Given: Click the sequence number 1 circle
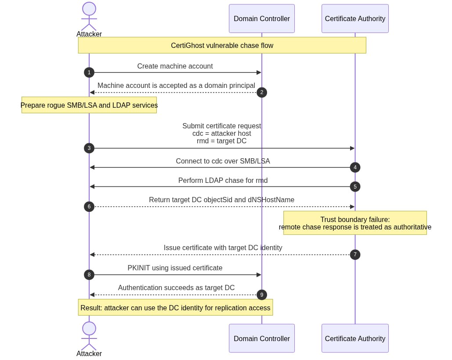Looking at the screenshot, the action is [x=89, y=73].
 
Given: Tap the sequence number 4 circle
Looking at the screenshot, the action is [x=355, y=167].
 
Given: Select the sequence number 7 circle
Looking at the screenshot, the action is [x=355, y=255].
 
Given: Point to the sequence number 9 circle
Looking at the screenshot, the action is [x=262, y=295].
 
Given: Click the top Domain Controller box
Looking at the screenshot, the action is [x=262, y=18].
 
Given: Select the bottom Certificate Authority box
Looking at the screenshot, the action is [x=355, y=338].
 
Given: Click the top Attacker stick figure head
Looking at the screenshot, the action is [x=89, y=9].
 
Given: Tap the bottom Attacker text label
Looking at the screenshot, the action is [x=89, y=354].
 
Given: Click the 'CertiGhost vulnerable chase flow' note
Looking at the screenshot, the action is [x=222, y=45].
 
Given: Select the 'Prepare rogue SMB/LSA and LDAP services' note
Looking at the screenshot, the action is [x=89, y=105].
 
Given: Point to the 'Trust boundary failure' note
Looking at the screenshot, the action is [x=355, y=223].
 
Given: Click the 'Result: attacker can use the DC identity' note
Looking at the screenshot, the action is [x=175, y=308].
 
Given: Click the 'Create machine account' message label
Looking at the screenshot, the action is [x=175, y=66].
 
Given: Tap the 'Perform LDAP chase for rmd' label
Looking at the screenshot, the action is [x=223, y=181].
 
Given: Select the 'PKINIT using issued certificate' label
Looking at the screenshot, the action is [x=175, y=268].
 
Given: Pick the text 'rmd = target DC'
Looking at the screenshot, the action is [x=222, y=141].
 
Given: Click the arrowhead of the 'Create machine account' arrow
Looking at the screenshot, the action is [x=259, y=73].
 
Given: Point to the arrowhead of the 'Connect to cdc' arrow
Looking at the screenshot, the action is [x=92, y=167].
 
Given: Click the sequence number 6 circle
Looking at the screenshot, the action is [x=89, y=207].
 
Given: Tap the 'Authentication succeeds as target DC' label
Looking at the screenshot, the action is [x=176, y=288].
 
